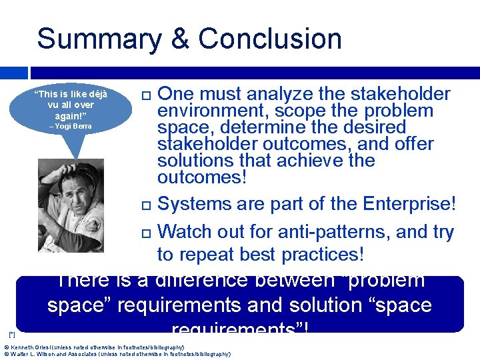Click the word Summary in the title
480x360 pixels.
click(x=99, y=39)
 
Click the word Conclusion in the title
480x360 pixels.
click(x=270, y=39)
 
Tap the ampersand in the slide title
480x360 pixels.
click(x=180, y=39)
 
